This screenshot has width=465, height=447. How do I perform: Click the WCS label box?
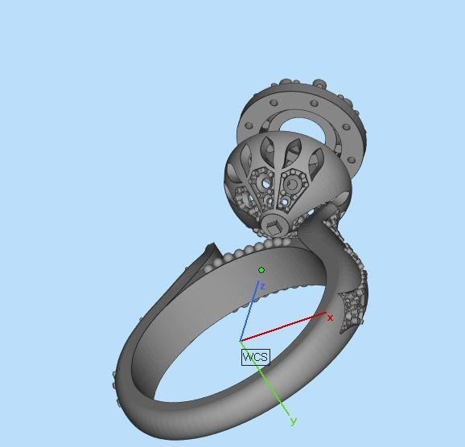(255, 357)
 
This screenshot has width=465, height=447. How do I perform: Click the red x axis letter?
(330, 318)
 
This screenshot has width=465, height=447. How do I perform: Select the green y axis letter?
(294, 420)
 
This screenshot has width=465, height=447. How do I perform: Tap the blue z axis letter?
(262, 286)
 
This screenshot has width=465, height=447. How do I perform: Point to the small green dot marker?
(261, 270)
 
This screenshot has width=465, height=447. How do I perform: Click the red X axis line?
(286, 327)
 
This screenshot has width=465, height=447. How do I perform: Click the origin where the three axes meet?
(241, 341)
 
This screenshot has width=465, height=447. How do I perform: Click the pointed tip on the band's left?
(211, 247)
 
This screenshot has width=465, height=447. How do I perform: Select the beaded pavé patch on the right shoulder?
(352, 310)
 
